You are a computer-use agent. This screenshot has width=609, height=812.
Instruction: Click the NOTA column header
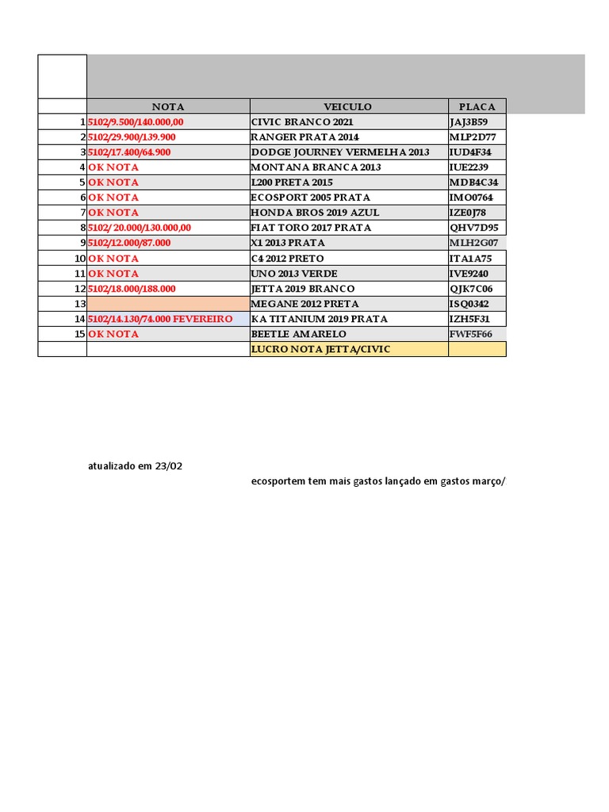(x=168, y=106)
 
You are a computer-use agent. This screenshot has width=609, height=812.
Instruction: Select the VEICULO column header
(x=347, y=106)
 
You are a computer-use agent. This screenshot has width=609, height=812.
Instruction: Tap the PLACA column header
(x=477, y=106)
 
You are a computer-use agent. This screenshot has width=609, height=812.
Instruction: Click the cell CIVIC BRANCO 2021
(x=302, y=122)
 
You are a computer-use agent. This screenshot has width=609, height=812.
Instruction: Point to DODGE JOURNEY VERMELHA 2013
(x=340, y=152)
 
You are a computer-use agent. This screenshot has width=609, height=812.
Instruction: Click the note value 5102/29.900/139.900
(x=132, y=137)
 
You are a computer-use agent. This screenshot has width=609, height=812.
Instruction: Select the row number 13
(x=79, y=304)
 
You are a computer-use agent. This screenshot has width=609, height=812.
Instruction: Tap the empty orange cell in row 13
(x=168, y=304)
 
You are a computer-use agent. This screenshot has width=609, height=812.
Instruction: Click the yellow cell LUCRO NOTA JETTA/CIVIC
(x=320, y=349)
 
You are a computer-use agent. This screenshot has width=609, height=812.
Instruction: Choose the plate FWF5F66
(x=471, y=334)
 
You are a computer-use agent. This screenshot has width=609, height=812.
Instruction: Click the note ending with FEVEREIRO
(x=160, y=319)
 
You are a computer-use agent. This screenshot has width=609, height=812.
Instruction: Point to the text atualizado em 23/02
(x=135, y=466)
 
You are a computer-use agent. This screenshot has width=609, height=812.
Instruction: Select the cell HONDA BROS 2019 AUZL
(x=315, y=213)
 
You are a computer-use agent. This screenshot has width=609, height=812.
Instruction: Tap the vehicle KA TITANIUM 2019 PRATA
(x=319, y=319)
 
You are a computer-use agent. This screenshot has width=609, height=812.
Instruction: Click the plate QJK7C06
(x=471, y=289)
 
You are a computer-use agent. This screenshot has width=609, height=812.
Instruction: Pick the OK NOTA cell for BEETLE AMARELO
(x=113, y=334)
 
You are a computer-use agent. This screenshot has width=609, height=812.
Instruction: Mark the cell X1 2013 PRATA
(x=287, y=243)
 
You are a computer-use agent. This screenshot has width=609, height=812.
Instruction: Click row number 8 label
(x=82, y=228)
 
